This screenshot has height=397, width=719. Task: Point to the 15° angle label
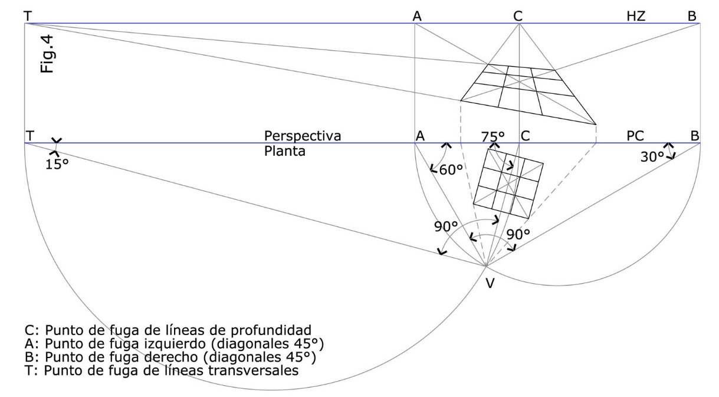pyautogui.click(x=57, y=163)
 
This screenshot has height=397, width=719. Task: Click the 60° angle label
pyautogui.click(x=451, y=170)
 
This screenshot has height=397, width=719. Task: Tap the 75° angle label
pyautogui.click(x=493, y=136)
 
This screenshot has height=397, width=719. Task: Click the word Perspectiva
pyautogui.click(x=303, y=136)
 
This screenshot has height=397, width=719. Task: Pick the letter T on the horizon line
pyautogui.click(x=28, y=16)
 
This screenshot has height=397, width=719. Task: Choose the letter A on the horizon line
pyautogui.click(x=417, y=17)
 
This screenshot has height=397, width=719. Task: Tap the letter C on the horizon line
pyautogui.click(x=518, y=17)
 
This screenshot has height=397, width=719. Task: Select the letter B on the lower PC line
pyautogui.click(x=695, y=136)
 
